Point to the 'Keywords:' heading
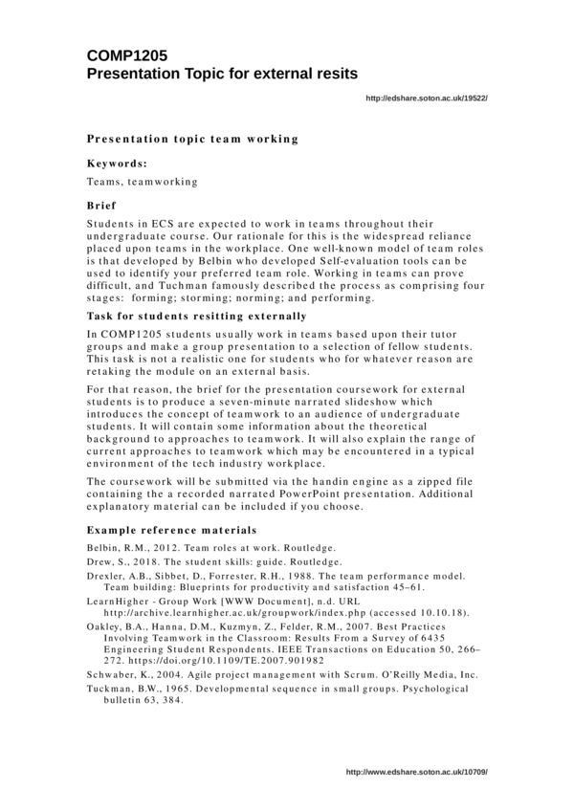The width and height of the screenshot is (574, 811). [x=117, y=164]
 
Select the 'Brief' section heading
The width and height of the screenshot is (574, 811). [x=101, y=205]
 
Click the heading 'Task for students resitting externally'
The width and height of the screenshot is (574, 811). [x=196, y=316]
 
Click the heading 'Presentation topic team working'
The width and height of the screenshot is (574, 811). [x=192, y=140]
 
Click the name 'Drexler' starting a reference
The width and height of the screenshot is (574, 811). [x=108, y=576]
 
